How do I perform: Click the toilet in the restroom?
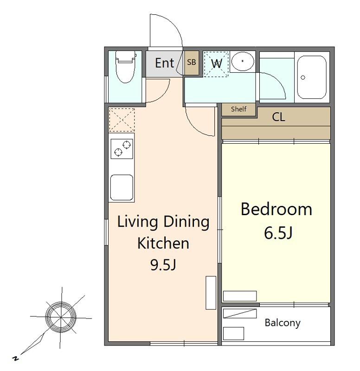pos(125,67)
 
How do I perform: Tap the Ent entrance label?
pos(165,63)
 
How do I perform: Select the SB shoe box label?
pos(192,62)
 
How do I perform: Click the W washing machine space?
pos(216,64)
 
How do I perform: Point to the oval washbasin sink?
pos(243,61)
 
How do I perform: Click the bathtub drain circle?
pos(303,77)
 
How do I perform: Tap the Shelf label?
pos(238,109)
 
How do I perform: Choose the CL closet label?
pos(278,117)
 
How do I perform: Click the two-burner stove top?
pos(122,149)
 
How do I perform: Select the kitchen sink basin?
pos(122,187)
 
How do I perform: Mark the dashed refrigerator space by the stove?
pos(122,120)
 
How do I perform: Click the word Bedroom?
pos(276,209)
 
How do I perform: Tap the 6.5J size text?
pos(278,233)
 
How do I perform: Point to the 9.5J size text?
pos(163,265)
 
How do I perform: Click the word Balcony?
pos(283,323)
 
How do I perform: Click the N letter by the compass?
pos(16,358)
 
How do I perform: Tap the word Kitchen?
pos(163,243)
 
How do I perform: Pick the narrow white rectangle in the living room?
pos(211,293)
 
